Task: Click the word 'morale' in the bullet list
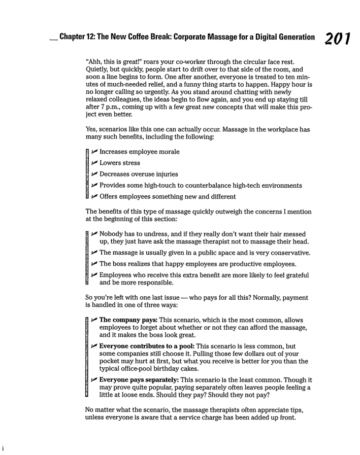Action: click(x=166, y=152)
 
